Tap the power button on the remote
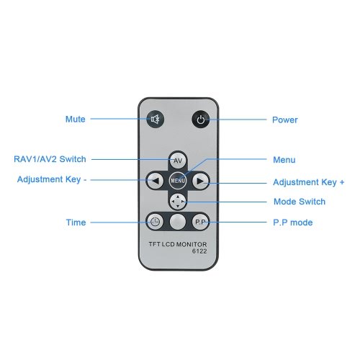click(x=201, y=120)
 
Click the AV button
click(x=178, y=160)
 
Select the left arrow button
click(x=156, y=181)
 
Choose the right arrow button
click(x=200, y=181)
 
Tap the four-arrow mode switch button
click(x=178, y=201)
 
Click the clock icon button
click(x=155, y=222)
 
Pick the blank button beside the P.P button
click(x=178, y=222)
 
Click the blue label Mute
click(x=76, y=119)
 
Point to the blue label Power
click(x=285, y=120)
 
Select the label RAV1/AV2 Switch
click(x=50, y=159)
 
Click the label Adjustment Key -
click(x=52, y=179)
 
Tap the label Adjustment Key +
click(x=309, y=182)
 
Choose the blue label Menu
click(x=284, y=160)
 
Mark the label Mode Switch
click(x=300, y=202)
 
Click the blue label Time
click(x=76, y=222)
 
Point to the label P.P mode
click(x=293, y=222)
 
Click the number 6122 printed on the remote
click(x=199, y=251)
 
